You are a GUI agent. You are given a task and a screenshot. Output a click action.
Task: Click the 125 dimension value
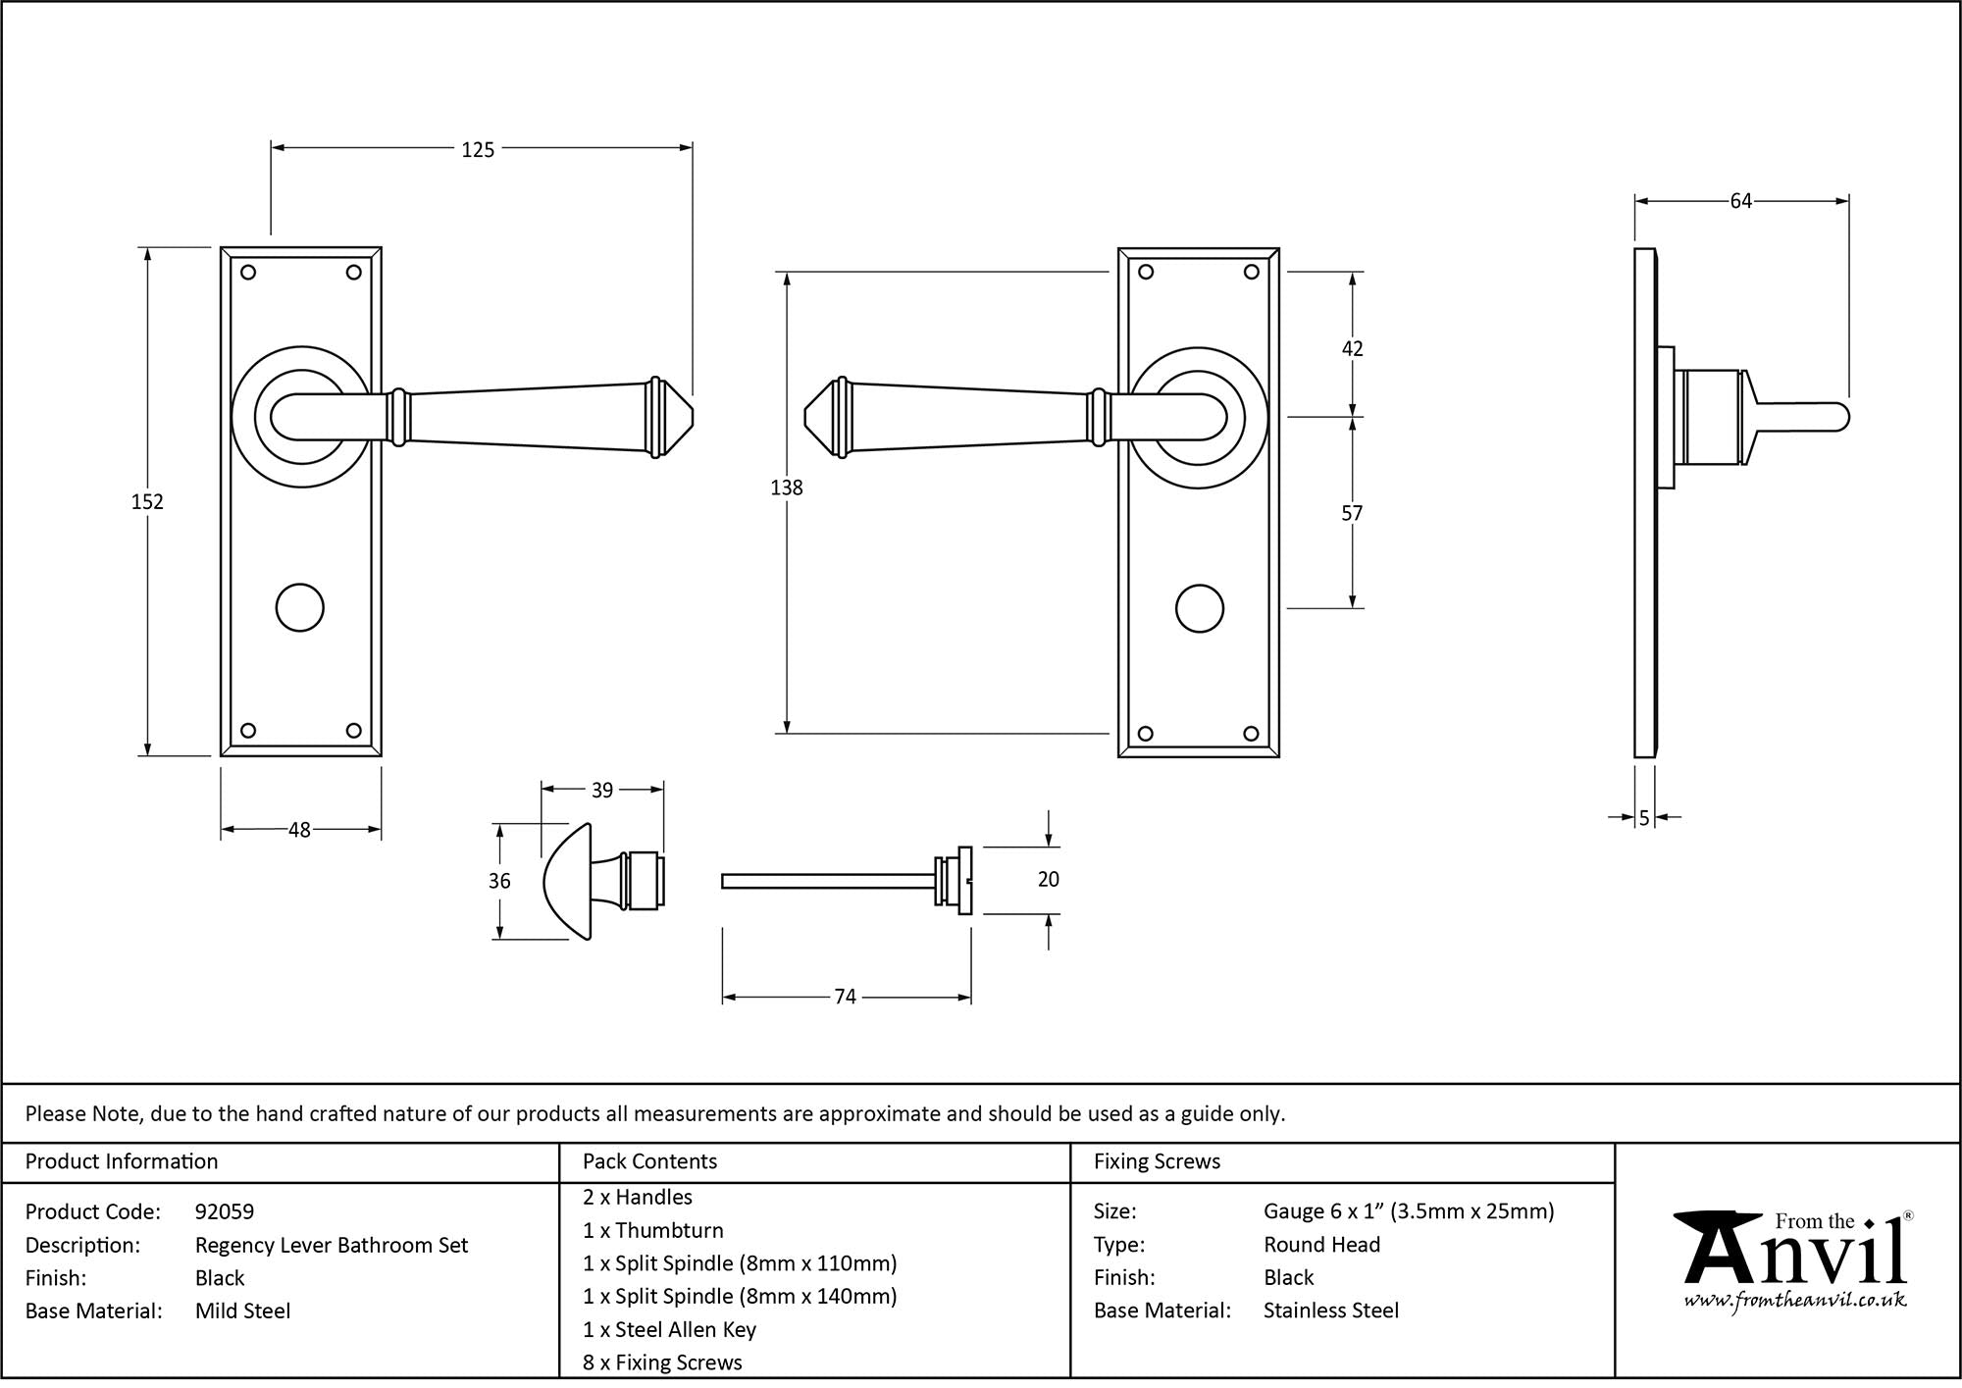coord(478,150)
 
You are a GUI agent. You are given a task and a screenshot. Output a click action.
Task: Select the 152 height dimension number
coord(147,501)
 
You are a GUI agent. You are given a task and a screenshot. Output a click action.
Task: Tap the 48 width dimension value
coord(299,830)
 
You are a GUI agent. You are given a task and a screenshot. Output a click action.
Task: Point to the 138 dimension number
coord(787,488)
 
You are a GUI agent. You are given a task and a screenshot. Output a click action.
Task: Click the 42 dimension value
coord(1352,348)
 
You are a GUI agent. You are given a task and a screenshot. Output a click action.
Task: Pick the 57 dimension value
coord(1352,513)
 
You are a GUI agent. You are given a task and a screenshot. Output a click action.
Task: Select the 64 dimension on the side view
coord(1740,201)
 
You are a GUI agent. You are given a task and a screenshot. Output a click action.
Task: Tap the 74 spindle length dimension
coord(845,997)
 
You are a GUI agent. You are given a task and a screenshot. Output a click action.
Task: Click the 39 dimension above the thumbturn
coord(602,790)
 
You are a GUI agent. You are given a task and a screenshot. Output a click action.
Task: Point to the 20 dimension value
coord(1049,879)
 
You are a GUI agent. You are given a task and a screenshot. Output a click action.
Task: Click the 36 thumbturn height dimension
coord(499,881)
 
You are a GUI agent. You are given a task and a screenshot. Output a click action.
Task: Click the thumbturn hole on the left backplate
coord(300,608)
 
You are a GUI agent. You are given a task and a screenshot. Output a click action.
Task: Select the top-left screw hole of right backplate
coord(1146,273)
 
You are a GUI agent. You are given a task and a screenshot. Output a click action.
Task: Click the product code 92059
coord(225,1211)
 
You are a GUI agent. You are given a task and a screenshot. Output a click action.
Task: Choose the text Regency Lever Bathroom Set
coord(332,1245)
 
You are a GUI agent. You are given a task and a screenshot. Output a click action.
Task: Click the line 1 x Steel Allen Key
coord(669,1329)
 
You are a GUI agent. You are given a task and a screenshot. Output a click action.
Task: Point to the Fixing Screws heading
coord(1157,1161)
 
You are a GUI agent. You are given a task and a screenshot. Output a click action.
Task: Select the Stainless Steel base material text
coord(1331,1311)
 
